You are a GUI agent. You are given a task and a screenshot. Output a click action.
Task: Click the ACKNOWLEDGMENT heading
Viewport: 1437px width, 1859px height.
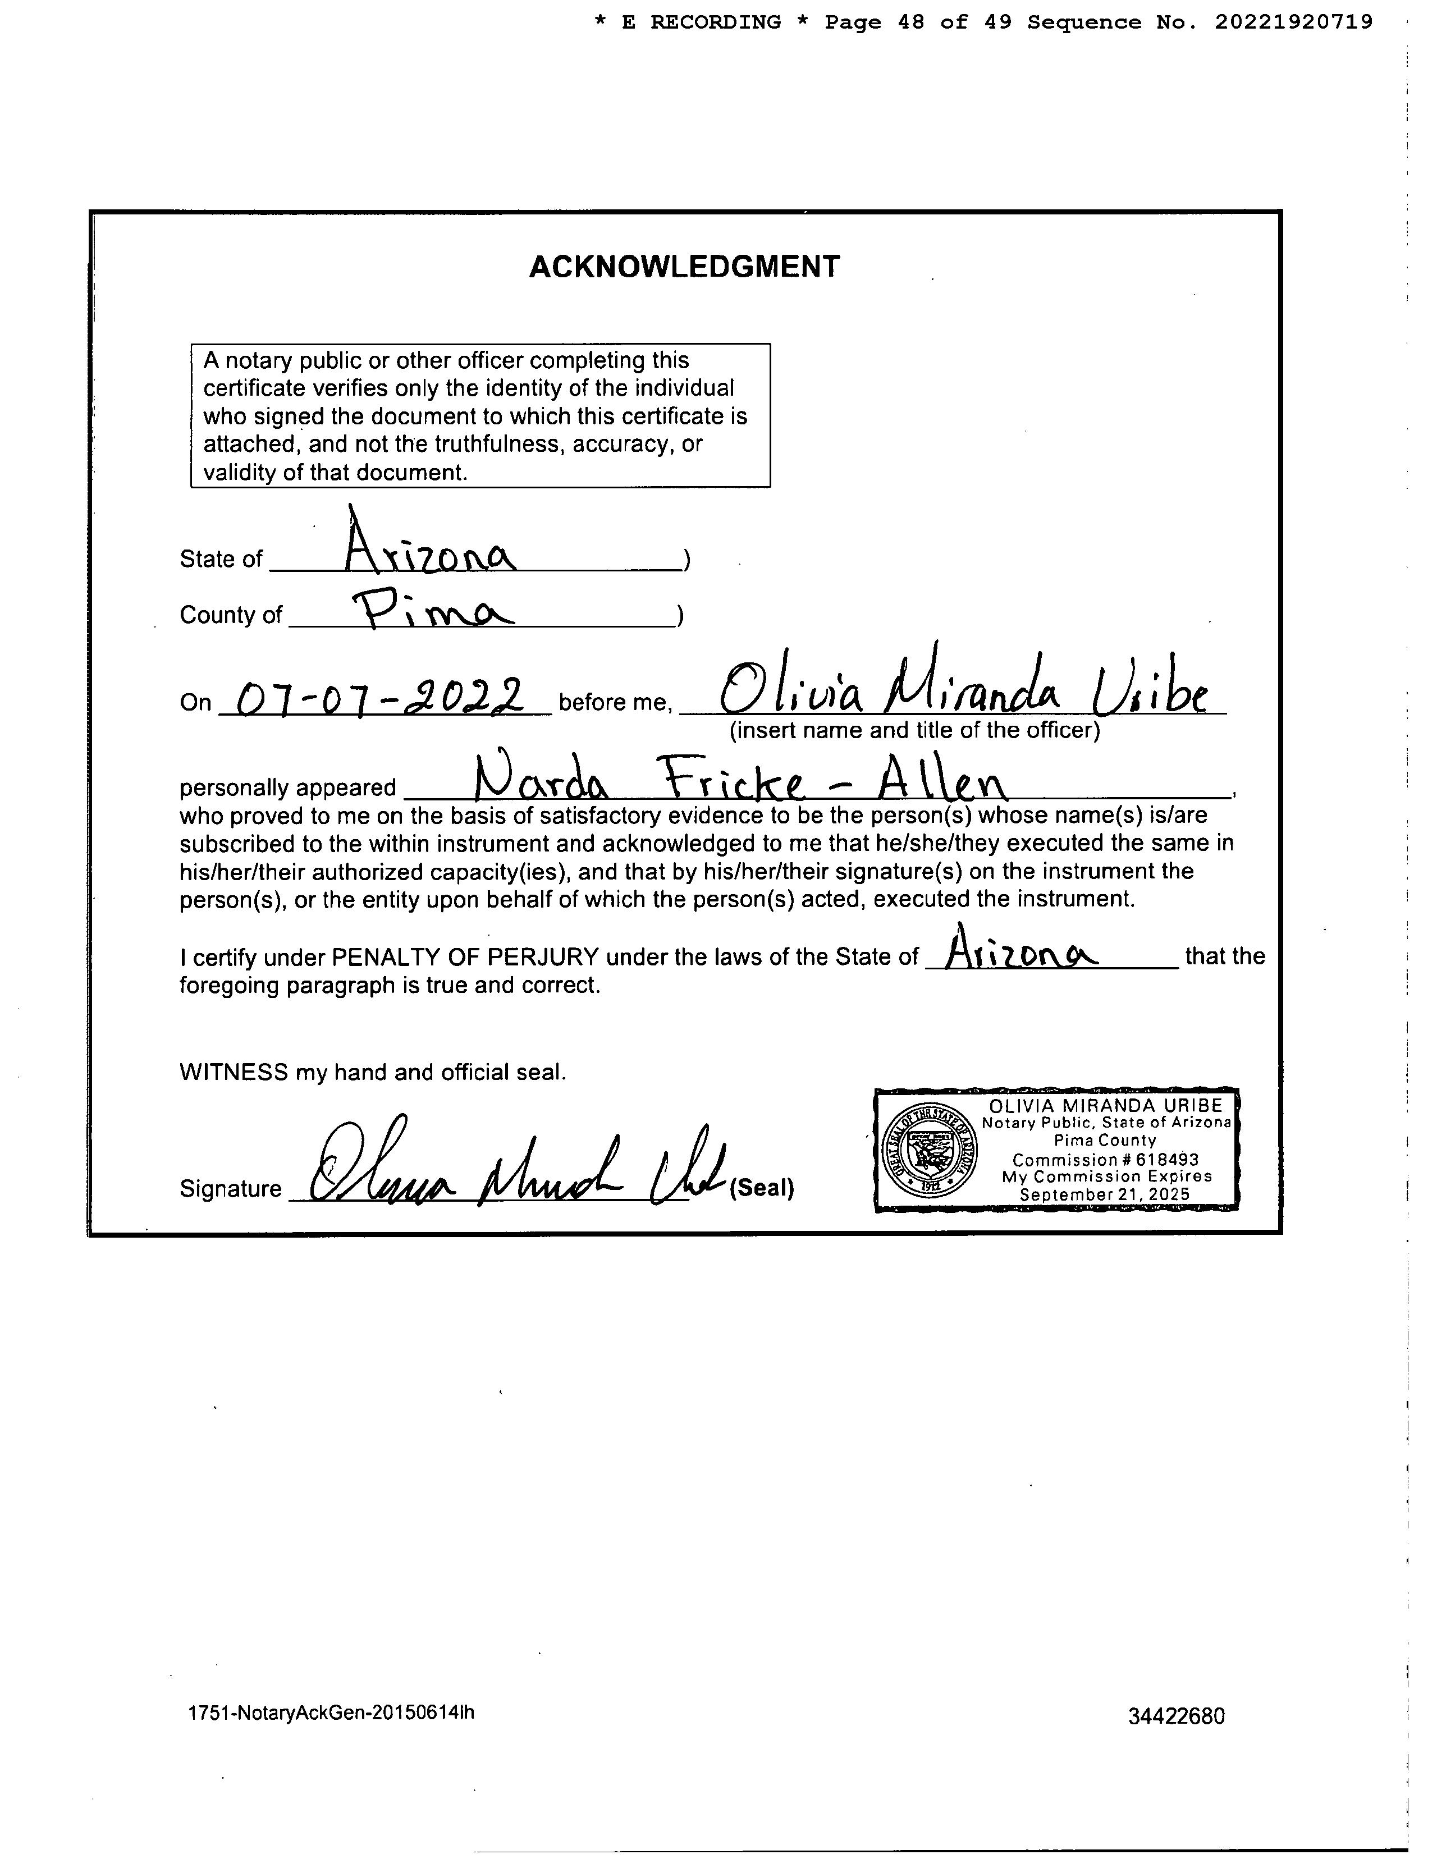coord(684,267)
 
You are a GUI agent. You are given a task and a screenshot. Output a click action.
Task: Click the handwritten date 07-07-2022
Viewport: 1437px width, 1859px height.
coord(379,699)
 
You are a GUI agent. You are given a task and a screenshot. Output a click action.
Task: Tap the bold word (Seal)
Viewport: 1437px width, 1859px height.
coord(762,1188)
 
